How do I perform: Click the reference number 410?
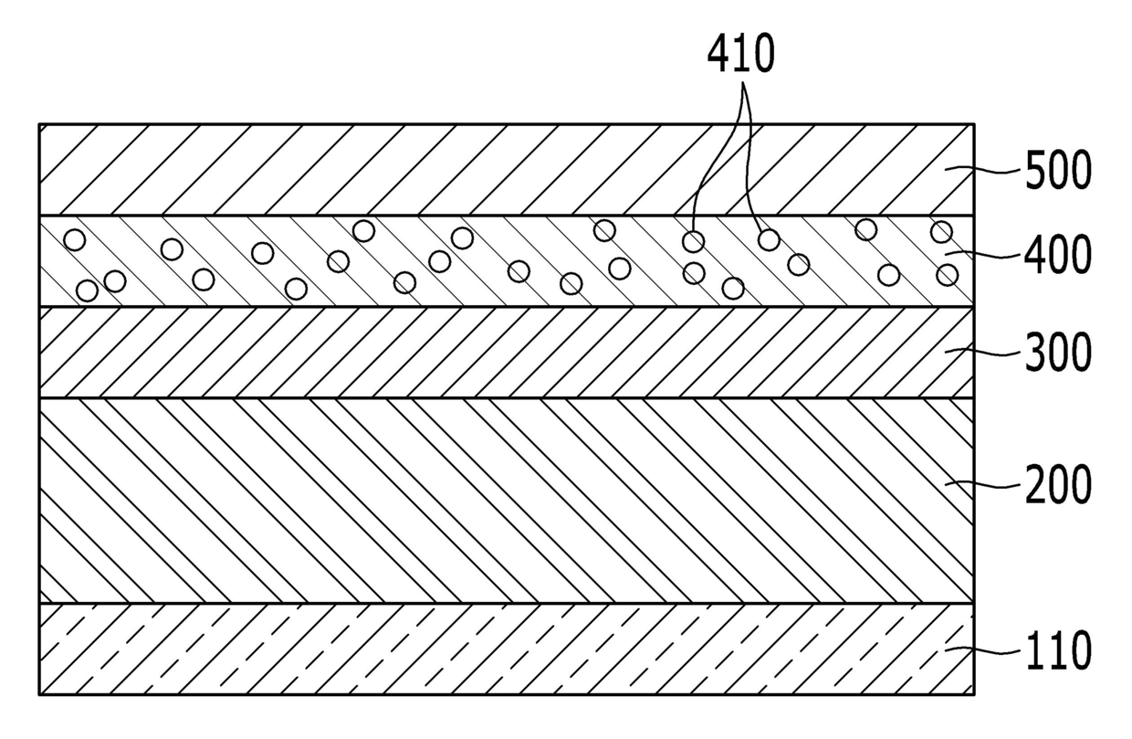click(x=740, y=53)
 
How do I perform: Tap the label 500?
click(x=1058, y=171)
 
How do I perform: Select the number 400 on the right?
click(x=1058, y=256)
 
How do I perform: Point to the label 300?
click(x=1058, y=353)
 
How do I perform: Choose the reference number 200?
click(x=1058, y=484)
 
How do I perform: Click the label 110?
click(x=1058, y=651)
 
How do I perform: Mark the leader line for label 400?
click(x=983, y=254)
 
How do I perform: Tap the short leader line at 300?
click(x=983, y=352)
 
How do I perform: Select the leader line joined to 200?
click(x=983, y=484)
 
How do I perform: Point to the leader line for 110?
click(x=983, y=650)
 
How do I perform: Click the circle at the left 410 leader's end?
click(x=694, y=242)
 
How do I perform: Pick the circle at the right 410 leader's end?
click(x=769, y=239)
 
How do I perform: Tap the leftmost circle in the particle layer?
click(x=74, y=239)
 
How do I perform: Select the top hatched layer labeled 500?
click(x=507, y=169)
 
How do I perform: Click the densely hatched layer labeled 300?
click(x=507, y=352)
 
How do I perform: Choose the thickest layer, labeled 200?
click(x=507, y=501)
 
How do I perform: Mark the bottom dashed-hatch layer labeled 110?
click(x=507, y=649)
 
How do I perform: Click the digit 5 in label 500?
click(x=1035, y=171)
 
